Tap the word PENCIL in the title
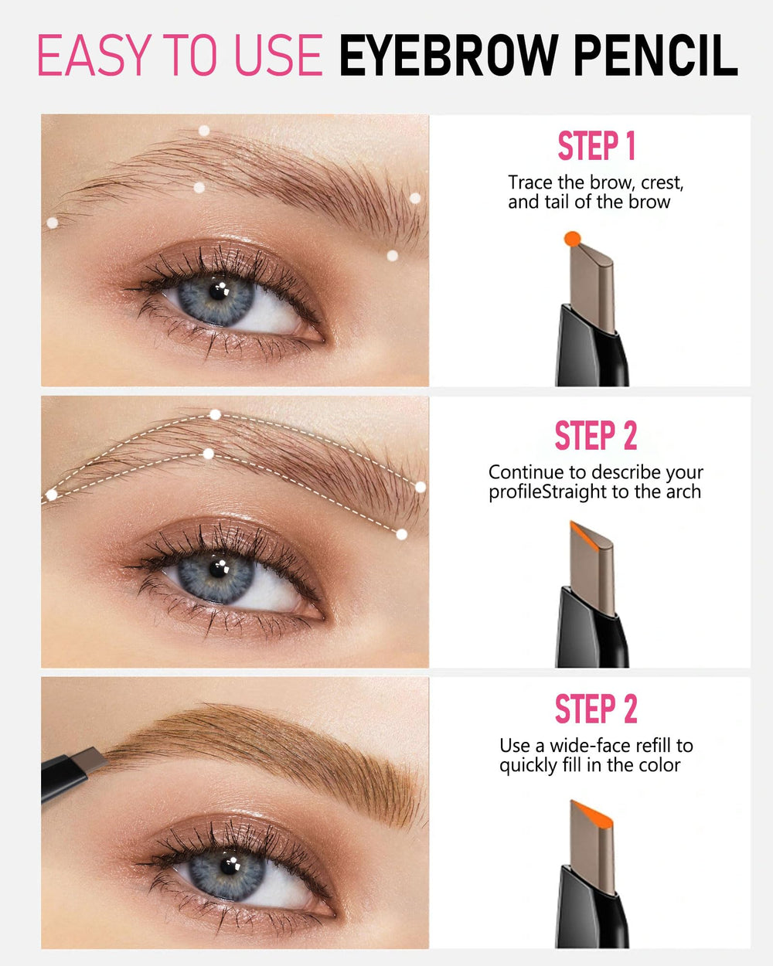tap(656, 55)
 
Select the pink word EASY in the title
tap(94, 55)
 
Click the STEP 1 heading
tap(596, 145)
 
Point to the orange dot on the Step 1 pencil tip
tap(572, 239)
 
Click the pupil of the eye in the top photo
tap(218, 291)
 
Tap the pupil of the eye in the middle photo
tap(218, 570)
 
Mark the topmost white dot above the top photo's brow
tap(204, 131)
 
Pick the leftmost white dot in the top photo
tap(52, 223)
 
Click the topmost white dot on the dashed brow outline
tap(215, 415)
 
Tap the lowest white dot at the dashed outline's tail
tap(401, 534)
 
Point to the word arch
tap(683, 492)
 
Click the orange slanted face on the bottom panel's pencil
tap(592, 815)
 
